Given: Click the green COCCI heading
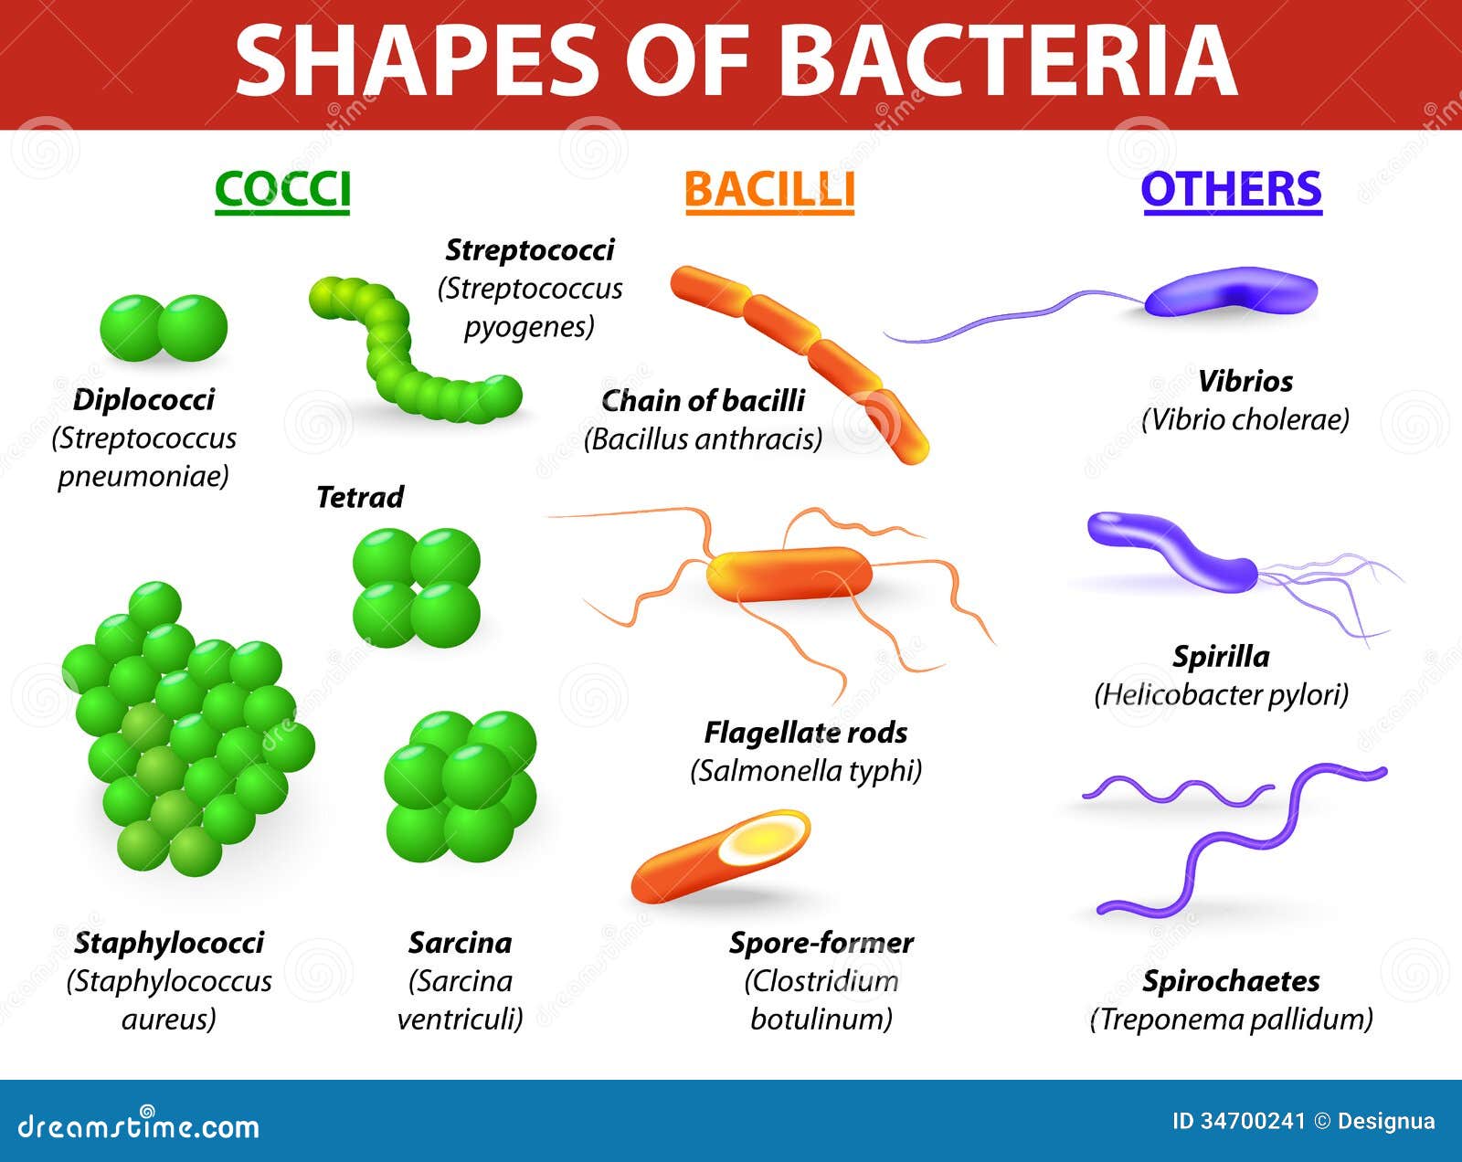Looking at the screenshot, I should pyautogui.click(x=282, y=189).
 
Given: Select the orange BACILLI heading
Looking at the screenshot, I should pyautogui.click(x=769, y=190).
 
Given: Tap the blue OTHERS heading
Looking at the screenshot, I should pyautogui.click(x=1231, y=189).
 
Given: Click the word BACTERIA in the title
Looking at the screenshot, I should pyautogui.click(x=1008, y=60).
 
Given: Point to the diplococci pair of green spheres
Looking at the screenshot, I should pyautogui.click(x=164, y=327).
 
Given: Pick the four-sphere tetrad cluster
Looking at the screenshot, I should pyautogui.click(x=417, y=586).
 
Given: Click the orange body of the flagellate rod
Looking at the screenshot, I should pyautogui.click(x=789, y=575).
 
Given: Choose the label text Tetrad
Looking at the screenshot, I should pyautogui.click(x=360, y=497).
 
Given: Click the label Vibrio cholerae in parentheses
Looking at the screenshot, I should pyautogui.click(x=1245, y=419).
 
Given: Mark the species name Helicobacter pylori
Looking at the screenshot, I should pyautogui.click(x=1221, y=695).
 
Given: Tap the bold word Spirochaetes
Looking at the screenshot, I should pyautogui.click(x=1231, y=981).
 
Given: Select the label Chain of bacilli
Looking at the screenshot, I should pyautogui.click(x=703, y=400).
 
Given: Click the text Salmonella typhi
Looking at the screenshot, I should pyautogui.click(x=806, y=771).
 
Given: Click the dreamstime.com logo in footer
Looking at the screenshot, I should pyautogui.click(x=139, y=1125).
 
